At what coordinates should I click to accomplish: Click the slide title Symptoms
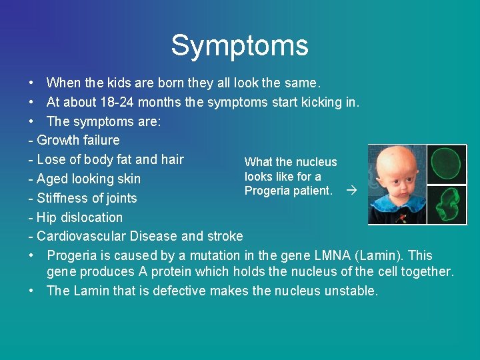coord(239,45)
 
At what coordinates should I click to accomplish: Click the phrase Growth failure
coord(78,140)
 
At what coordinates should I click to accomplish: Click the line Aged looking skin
coord(85,179)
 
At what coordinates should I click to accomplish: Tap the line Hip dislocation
coord(75,217)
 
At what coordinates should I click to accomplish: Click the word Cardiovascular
coord(81,236)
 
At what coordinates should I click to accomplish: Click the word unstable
coord(351,291)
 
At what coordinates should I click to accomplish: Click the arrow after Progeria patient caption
coord(351,191)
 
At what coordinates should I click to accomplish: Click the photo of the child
coord(396,184)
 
